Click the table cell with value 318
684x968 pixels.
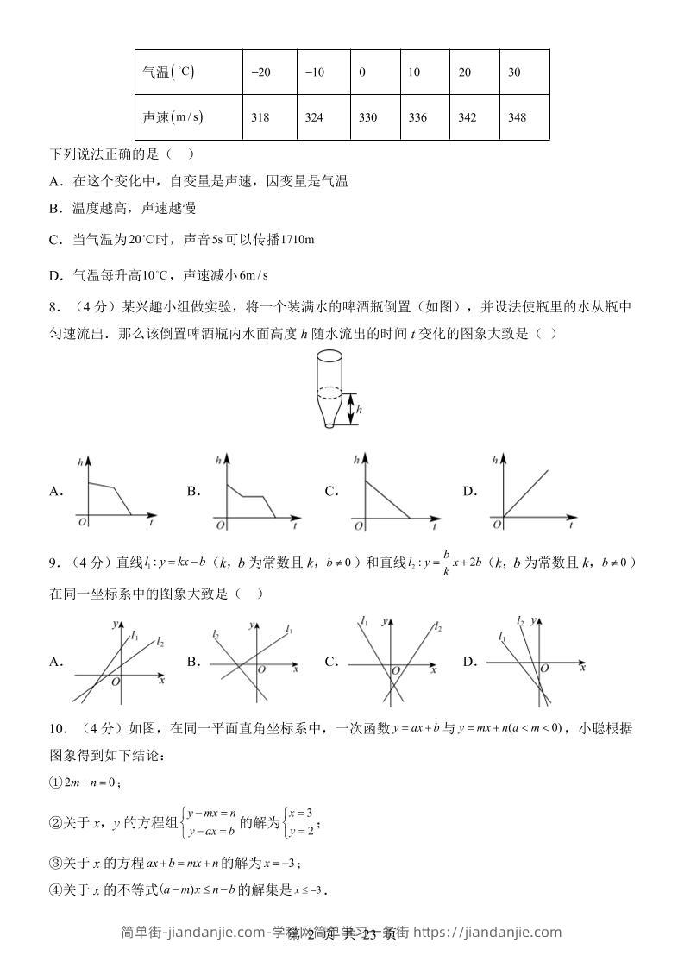point(260,117)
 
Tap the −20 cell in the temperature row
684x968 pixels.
point(260,72)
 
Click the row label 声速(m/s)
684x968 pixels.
point(173,117)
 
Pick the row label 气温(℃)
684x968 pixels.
point(168,72)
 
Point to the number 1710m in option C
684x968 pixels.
point(294,239)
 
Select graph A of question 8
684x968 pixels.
point(116,492)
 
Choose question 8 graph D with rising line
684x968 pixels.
point(535,492)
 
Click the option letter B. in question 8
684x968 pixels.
point(193,491)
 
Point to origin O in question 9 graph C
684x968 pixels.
point(396,670)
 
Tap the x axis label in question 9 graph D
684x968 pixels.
point(583,667)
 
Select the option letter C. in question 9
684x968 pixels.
point(331,662)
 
